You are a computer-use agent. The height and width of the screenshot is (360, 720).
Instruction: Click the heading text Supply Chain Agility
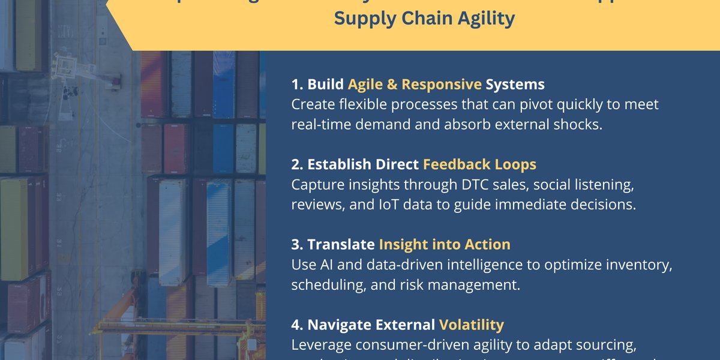424,19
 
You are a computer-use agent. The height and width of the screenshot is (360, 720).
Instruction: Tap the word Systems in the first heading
515,85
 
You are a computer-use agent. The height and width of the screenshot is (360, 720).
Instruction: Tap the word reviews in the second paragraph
314,204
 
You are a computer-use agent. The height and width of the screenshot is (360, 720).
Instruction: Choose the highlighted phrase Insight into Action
445,244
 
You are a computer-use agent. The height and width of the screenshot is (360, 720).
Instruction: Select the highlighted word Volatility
472,325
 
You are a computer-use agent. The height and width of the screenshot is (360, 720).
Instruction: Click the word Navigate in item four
341,325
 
